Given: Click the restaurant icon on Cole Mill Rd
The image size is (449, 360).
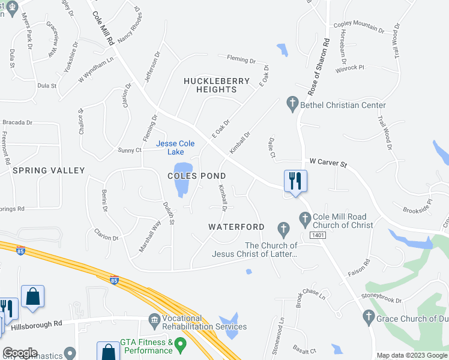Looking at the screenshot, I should [x=295, y=180].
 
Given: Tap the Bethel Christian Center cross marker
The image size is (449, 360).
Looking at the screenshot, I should [x=292, y=105].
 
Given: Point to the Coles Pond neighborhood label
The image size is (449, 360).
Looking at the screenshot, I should [x=196, y=176].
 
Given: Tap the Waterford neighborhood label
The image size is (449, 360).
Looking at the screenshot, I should [x=237, y=227].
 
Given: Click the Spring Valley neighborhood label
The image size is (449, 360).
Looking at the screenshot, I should [x=49, y=170].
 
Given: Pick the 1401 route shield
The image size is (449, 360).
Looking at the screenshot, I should [x=318, y=235].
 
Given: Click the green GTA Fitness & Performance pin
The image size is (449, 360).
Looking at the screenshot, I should [x=179, y=346].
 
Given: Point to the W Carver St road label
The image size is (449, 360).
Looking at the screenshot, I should [x=328, y=163].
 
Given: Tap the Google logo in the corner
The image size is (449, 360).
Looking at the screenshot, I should [x=19, y=353].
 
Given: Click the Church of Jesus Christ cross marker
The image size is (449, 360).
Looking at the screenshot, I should [x=283, y=228].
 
